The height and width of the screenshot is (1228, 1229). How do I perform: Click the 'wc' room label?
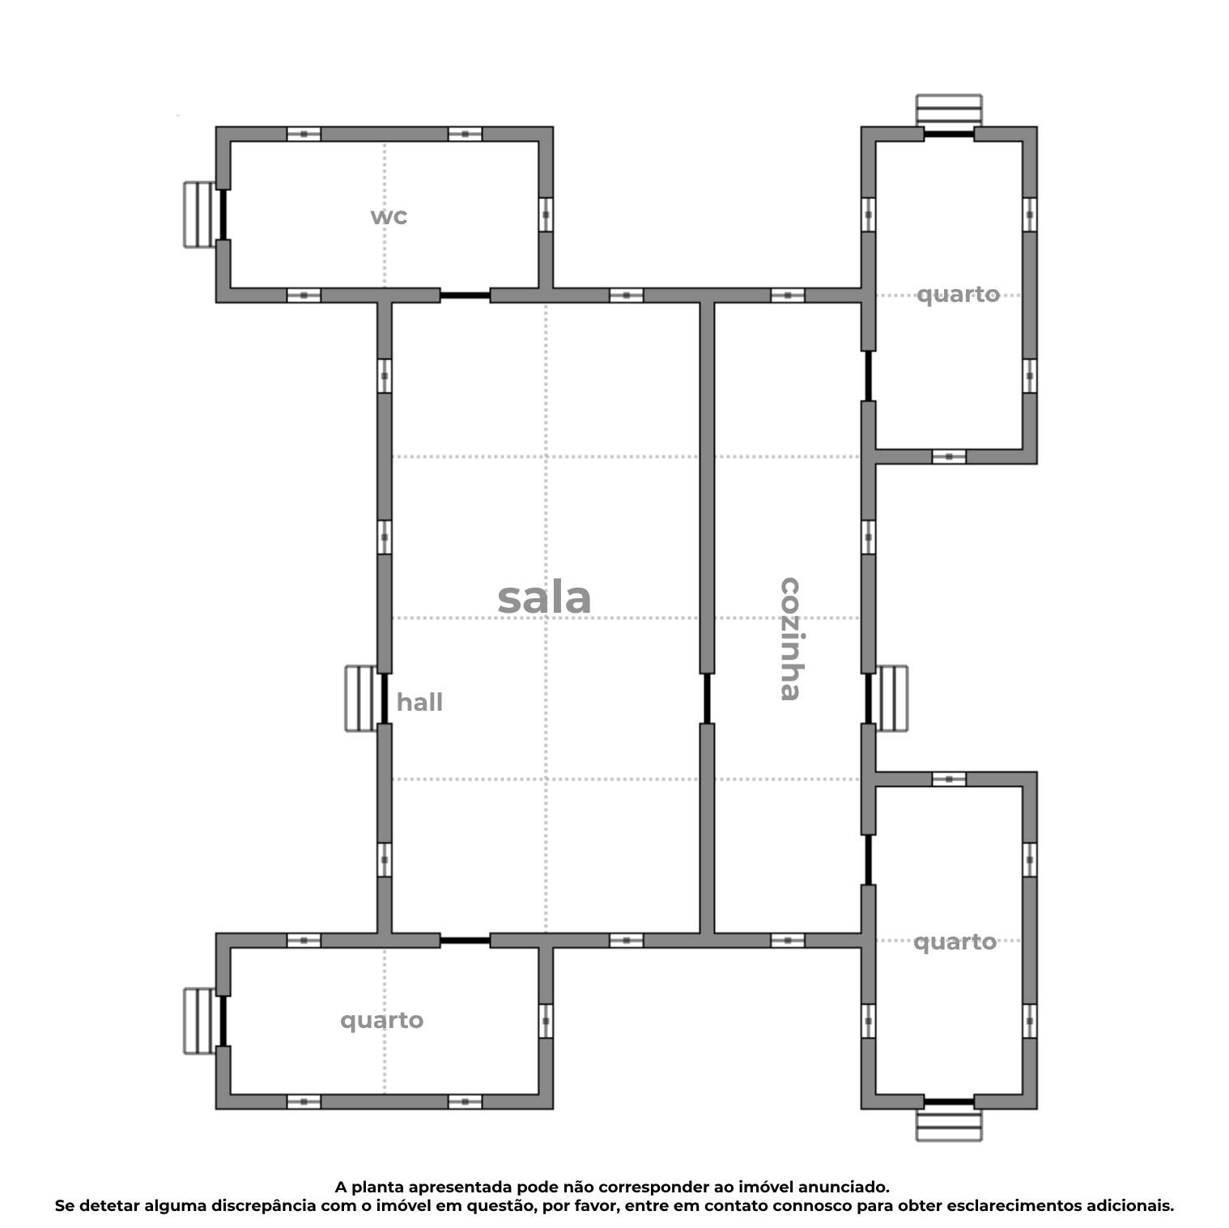point(389,216)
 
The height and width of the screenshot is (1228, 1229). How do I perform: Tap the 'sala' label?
point(544,598)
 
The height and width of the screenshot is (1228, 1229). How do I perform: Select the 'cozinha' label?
point(789,638)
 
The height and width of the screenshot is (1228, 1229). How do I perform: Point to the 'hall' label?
point(419,702)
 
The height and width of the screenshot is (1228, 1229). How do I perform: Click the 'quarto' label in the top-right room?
point(958,294)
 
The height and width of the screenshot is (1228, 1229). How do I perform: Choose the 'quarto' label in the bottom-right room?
point(955,941)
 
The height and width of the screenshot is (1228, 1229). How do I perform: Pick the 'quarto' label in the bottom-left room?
point(381,1020)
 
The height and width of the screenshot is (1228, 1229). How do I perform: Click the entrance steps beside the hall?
point(361,698)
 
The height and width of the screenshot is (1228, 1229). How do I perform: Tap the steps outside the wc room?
point(199,215)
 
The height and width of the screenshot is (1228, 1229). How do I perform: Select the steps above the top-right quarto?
point(948,109)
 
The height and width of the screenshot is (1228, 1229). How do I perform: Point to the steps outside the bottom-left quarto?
point(199,1021)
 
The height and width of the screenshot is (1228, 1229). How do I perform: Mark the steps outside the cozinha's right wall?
point(892,698)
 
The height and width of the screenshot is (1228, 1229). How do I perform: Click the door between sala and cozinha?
point(707,698)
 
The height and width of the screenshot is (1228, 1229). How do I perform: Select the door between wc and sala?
point(465,295)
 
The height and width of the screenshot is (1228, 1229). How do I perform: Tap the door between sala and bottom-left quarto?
point(465,940)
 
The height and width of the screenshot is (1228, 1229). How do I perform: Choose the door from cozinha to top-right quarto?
point(868,376)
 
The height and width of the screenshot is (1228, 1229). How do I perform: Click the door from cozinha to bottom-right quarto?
point(868,859)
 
